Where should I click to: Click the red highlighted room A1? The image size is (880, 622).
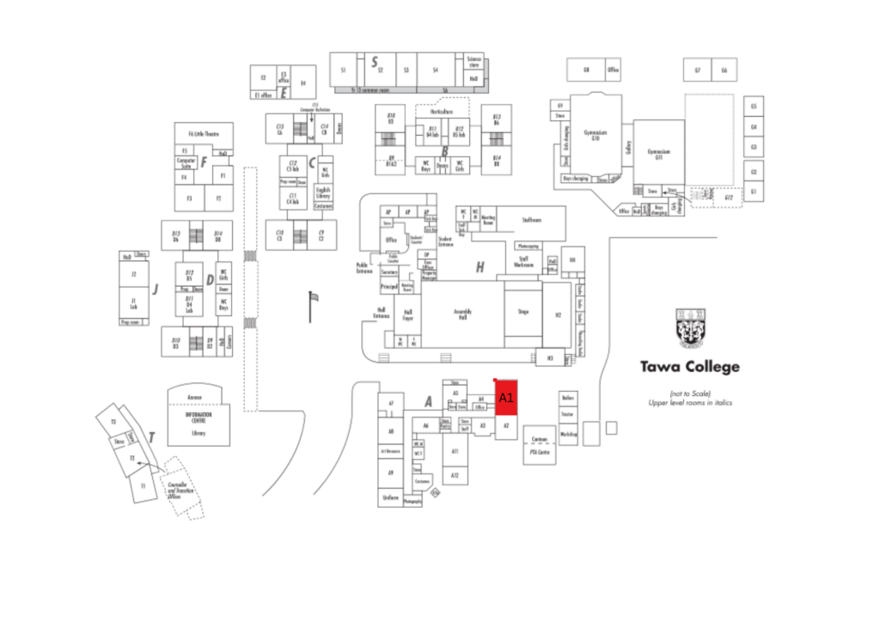pyautogui.click(x=506, y=398)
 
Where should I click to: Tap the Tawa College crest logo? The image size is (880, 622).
pyautogui.click(x=690, y=330)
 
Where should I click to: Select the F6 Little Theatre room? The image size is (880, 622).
pyautogui.click(x=203, y=134)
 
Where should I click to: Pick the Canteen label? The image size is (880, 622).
pyautogui.click(x=540, y=439)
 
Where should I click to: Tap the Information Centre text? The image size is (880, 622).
pyautogui.click(x=198, y=418)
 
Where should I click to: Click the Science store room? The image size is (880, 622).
pyautogui.click(x=474, y=63)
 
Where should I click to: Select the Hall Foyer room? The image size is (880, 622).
pyautogui.click(x=408, y=314)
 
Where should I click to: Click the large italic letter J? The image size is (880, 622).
pyautogui.click(x=156, y=289)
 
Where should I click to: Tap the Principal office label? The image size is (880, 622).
pyautogui.click(x=389, y=285)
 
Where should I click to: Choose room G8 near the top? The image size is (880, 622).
pyautogui.click(x=586, y=70)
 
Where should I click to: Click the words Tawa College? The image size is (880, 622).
pyautogui.click(x=689, y=367)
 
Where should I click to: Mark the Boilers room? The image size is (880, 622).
pyautogui.click(x=567, y=399)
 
